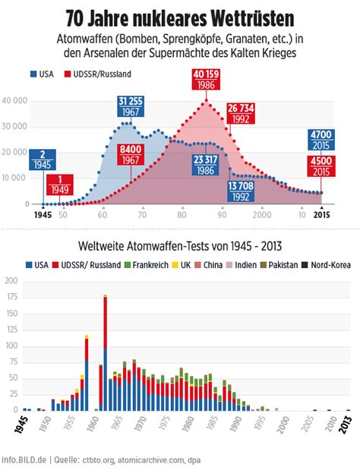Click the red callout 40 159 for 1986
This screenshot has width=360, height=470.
[206, 80]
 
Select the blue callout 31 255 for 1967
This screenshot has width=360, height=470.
[131, 106]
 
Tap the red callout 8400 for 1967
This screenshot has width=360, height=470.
[131, 155]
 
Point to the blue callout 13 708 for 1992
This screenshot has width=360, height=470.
[241, 191]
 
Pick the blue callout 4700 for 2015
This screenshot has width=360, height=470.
[321, 140]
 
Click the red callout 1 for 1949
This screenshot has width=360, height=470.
[60, 185]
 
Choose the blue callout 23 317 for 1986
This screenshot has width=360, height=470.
[205, 166]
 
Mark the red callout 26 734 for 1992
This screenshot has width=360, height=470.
[241, 114]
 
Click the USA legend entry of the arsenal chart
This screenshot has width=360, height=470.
[42, 74]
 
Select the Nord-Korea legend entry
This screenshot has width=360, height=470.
[326, 265]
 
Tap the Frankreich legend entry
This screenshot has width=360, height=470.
[147, 265]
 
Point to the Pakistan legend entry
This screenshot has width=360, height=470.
[279, 265]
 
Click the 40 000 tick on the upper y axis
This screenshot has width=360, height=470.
[14, 101]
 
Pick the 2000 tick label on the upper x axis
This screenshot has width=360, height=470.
[262, 215]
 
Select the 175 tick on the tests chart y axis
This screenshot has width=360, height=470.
[11, 297]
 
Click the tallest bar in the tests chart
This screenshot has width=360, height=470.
[106, 353]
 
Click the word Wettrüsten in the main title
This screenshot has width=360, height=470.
[252, 19]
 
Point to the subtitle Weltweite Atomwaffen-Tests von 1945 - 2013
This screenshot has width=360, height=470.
[180, 246]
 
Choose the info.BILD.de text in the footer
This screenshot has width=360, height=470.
[24, 460]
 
